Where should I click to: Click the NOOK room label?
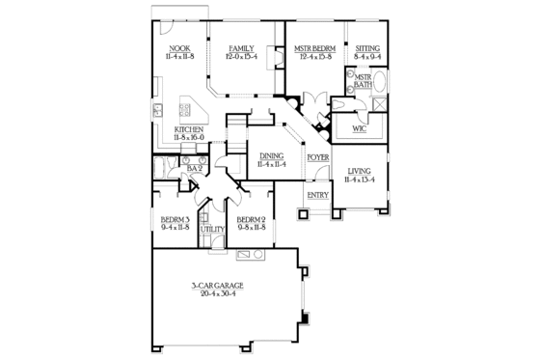point(179,48)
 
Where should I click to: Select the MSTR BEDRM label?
point(313,48)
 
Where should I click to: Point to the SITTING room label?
point(367,48)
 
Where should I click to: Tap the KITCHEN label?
point(188,129)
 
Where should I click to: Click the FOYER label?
point(318,156)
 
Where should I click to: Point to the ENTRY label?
point(318,196)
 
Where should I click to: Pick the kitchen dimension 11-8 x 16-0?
point(188,138)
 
